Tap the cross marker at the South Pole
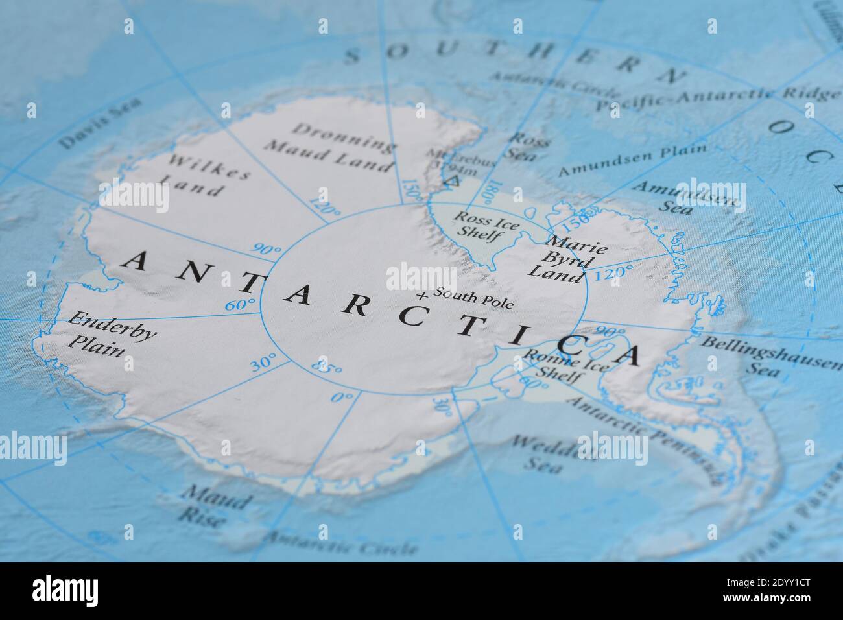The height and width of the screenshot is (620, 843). (423, 296)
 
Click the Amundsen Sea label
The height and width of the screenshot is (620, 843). (681, 198)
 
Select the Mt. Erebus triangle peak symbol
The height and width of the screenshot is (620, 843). (453, 181)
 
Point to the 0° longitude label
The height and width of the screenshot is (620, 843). (343, 396)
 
